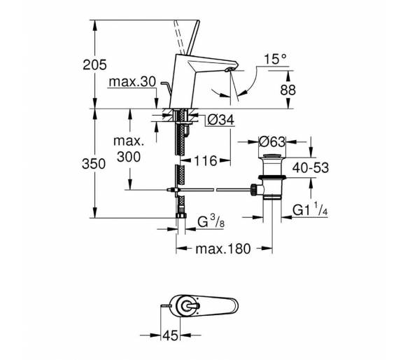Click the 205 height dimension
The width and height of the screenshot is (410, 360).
(94, 64)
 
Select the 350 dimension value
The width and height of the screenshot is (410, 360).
(94, 164)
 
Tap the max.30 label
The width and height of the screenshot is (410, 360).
(132, 82)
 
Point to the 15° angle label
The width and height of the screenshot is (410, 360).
(276, 60)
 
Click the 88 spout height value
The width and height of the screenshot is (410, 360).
(288, 90)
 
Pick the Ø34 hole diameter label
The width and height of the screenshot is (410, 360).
(220, 120)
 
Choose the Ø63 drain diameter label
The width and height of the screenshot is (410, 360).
(272, 142)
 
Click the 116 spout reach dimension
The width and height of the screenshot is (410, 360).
(206, 161)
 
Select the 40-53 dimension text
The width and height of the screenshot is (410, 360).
(311, 167)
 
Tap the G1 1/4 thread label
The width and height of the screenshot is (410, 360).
(310, 209)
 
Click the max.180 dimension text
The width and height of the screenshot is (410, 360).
(223, 249)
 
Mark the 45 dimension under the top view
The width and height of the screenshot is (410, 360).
(170, 335)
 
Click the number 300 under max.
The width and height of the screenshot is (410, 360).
(129, 158)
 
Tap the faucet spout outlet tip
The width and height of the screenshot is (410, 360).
(229, 69)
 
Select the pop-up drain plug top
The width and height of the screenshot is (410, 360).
(272, 157)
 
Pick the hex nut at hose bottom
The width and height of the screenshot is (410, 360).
(181, 216)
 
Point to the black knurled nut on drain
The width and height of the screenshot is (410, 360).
(254, 190)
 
